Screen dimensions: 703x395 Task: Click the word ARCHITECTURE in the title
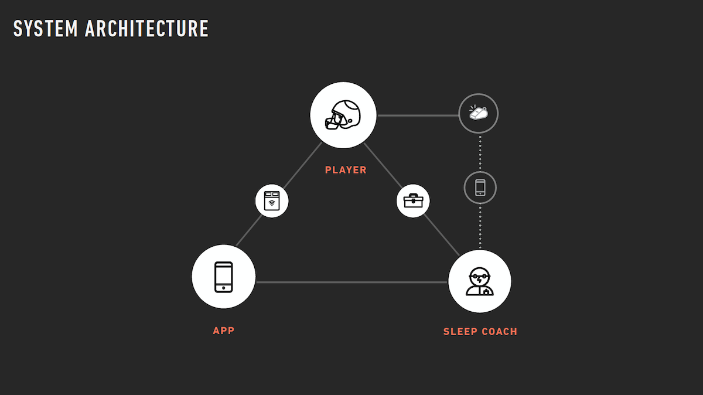click(x=146, y=29)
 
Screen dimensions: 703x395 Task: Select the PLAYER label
click(x=346, y=170)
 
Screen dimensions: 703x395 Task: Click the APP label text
click(x=224, y=331)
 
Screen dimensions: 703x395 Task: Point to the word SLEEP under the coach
click(x=460, y=332)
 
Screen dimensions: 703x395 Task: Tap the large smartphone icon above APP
click(x=224, y=277)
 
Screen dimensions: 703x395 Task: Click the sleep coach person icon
click(x=480, y=281)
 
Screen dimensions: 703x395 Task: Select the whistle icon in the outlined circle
click(x=479, y=113)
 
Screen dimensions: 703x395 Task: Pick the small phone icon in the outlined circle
click(x=480, y=188)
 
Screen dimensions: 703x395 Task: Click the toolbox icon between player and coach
click(x=413, y=201)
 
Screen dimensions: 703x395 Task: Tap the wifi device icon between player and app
click(x=272, y=201)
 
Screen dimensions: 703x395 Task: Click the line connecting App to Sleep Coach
click(x=351, y=282)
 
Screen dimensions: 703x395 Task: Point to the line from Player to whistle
click(x=417, y=115)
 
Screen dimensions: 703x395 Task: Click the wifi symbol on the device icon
click(x=272, y=203)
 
